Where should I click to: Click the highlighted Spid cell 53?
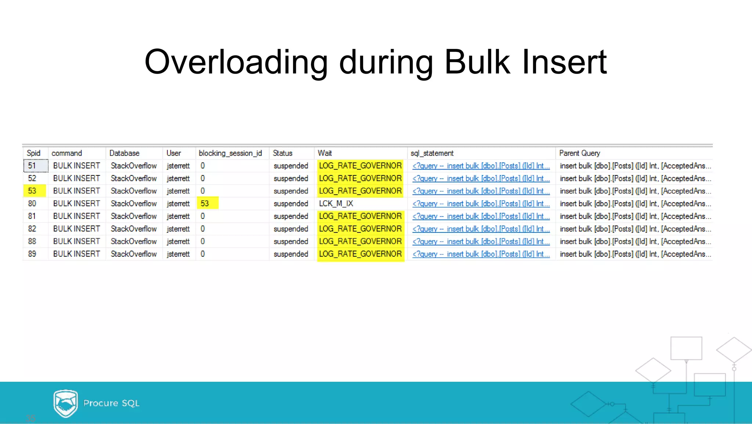click(33, 191)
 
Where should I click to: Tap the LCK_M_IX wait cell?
click(336, 203)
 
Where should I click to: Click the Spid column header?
click(33, 153)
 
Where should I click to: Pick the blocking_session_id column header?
click(230, 153)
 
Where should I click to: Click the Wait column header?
click(325, 153)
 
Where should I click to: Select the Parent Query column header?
click(579, 153)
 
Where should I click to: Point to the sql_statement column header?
click(432, 153)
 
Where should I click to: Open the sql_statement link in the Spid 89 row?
click(481, 254)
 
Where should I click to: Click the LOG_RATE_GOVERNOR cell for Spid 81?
click(360, 216)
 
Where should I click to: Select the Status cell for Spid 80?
click(290, 203)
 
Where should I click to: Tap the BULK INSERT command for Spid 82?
click(76, 229)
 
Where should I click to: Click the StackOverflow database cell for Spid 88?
click(134, 241)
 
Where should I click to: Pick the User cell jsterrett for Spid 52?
click(178, 178)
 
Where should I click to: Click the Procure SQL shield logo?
click(65, 403)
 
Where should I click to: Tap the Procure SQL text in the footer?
click(111, 403)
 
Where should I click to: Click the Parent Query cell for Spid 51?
click(635, 166)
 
